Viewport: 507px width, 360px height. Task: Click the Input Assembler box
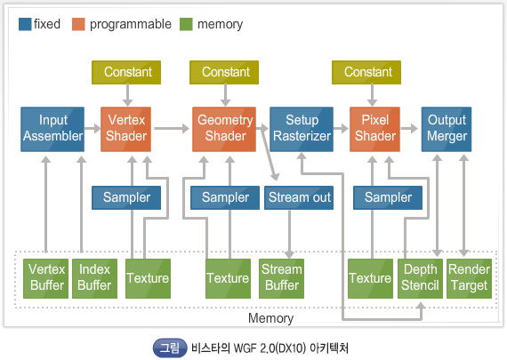pos(52,129)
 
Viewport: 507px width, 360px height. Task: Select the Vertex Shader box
pos(125,129)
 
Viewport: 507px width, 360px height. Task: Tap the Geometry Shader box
pos(224,129)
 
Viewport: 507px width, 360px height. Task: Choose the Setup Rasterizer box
pos(302,129)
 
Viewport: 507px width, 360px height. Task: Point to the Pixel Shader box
pos(374,129)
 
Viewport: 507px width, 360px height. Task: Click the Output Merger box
pos(447,129)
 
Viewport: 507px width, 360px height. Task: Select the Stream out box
pos(299,197)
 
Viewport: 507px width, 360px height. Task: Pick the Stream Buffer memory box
pos(281,278)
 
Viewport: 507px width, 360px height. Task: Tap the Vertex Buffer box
pos(45,278)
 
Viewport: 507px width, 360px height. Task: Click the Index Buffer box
pos(95,278)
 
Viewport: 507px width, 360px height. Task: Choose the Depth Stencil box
pos(420,278)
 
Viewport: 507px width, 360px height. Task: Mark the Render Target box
pos(469,278)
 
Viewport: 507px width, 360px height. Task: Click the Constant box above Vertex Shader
pos(126,72)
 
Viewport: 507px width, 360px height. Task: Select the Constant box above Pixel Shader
pos(366,72)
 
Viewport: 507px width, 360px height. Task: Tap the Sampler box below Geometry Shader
pos(225,197)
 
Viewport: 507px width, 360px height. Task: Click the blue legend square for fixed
pos(25,24)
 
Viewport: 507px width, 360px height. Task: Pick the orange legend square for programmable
pos(78,24)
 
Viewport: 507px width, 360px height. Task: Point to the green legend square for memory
pos(186,24)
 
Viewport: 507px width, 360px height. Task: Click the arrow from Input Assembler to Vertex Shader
pos(93,128)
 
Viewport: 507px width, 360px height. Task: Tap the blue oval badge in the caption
pos(170,348)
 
